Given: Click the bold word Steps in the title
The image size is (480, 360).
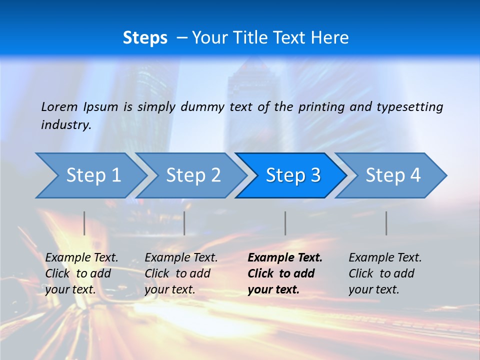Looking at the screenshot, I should [x=145, y=38].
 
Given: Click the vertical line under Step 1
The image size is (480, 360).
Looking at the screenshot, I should [x=84, y=223].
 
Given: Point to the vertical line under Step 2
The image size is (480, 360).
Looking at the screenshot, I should [x=184, y=223].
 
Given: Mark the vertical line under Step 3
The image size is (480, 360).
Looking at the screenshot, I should [x=285, y=223].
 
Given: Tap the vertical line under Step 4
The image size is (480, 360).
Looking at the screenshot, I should [x=386, y=223].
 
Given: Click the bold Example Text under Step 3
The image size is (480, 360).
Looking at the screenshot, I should [x=285, y=258].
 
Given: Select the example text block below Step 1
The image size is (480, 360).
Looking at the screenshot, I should [x=81, y=273].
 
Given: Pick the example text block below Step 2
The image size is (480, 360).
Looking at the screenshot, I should [x=181, y=273].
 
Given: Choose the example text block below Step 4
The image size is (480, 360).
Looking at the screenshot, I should [x=385, y=273].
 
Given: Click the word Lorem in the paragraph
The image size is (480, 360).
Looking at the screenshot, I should [x=59, y=106].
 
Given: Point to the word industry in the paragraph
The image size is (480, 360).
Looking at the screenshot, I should [x=65, y=125].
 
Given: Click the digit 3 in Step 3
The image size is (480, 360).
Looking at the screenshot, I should [x=315, y=175].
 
